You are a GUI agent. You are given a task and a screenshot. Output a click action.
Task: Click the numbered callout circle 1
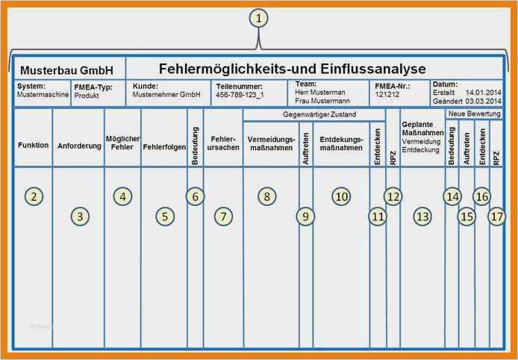click(x=258, y=19)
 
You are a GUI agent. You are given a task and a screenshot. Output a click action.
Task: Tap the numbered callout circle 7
click(x=222, y=217)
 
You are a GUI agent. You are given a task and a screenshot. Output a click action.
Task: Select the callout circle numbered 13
click(x=422, y=217)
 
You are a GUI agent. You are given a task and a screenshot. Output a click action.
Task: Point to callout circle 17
click(x=497, y=217)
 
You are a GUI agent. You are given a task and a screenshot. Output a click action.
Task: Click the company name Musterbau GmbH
click(x=66, y=71)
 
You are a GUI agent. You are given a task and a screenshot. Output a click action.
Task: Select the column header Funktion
click(x=34, y=145)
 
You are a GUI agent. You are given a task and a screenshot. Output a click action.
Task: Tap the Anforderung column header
click(x=79, y=146)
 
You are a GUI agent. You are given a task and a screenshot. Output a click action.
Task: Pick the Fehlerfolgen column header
click(x=164, y=146)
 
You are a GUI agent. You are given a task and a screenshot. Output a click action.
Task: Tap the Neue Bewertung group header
click(x=474, y=113)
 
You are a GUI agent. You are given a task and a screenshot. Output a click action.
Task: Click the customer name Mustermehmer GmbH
click(x=166, y=96)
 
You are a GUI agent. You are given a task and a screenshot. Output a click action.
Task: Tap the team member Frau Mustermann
click(x=322, y=100)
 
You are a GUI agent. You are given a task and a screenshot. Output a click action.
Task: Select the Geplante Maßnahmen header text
click(x=422, y=128)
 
